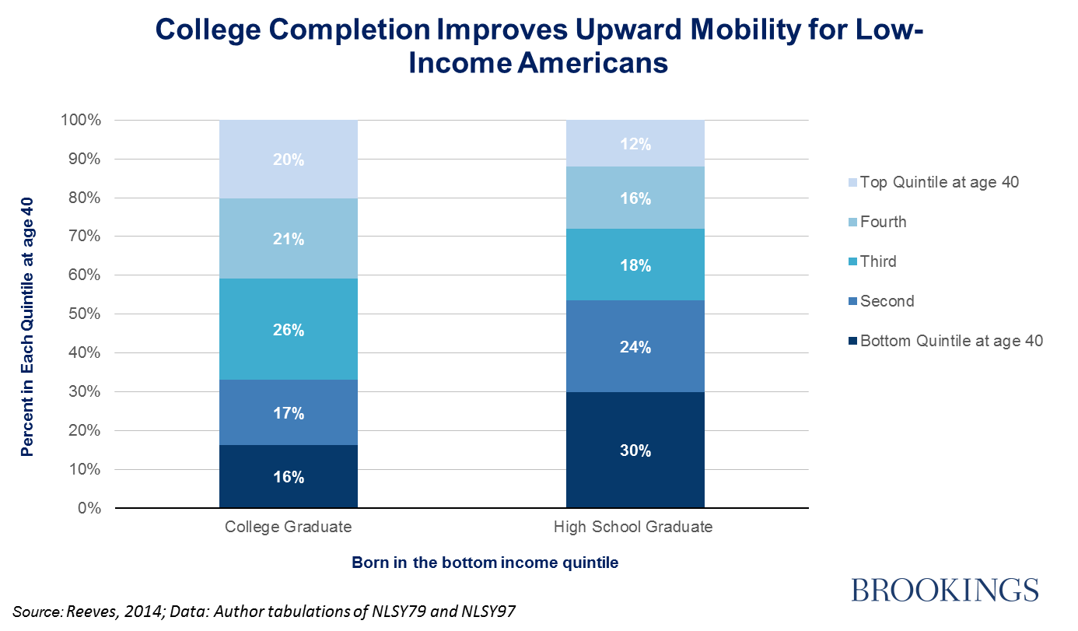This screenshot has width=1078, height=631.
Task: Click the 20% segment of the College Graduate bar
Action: [289, 160]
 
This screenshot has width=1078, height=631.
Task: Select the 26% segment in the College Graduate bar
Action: [289, 329]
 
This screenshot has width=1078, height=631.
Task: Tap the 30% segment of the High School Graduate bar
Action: [635, 450]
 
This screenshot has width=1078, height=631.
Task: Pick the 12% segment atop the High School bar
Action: [635, 144]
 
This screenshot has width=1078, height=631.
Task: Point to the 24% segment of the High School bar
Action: [635, 347]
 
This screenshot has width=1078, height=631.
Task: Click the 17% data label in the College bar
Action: [289, 414]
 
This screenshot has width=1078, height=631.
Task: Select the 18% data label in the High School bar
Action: [635, 265]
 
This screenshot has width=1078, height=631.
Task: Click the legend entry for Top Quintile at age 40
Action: [946, 182]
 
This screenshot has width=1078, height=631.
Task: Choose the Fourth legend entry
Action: [883, 222]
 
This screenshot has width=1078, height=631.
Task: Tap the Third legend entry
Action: [878, 261]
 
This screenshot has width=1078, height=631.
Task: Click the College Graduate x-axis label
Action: [289, 527]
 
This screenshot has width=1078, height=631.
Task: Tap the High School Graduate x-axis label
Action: [633, 527]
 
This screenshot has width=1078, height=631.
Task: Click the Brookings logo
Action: [945, 588]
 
